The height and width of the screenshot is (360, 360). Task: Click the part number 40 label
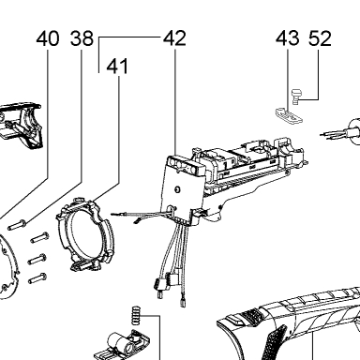coord(48,38)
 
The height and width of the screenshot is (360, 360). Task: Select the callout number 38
coord(82,38)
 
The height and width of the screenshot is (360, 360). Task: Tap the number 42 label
coord(174,38)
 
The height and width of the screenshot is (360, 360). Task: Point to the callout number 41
coord(117,67)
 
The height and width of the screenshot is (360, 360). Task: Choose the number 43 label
coord(288,38)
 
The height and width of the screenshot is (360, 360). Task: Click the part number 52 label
coord(320,38)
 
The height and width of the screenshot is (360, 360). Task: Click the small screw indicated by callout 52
coord(295,97)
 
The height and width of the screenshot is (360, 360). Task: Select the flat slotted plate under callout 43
coord(289,116)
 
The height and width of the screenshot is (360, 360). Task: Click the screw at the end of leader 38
coord(18,225)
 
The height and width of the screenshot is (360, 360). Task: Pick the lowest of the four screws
coord(37,278)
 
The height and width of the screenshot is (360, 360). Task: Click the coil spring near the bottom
coord(136,316)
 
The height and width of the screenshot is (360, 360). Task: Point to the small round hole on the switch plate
coord(177,189)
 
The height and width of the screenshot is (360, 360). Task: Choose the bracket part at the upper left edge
coord(21,125)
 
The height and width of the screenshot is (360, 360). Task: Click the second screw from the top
coord(39,238)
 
